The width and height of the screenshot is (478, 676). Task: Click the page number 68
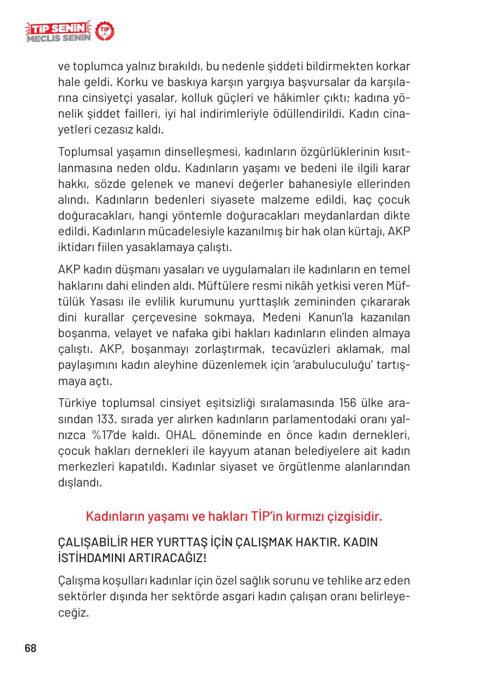click(x=31, y=648)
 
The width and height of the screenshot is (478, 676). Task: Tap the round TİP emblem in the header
click(x=105, y=32)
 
